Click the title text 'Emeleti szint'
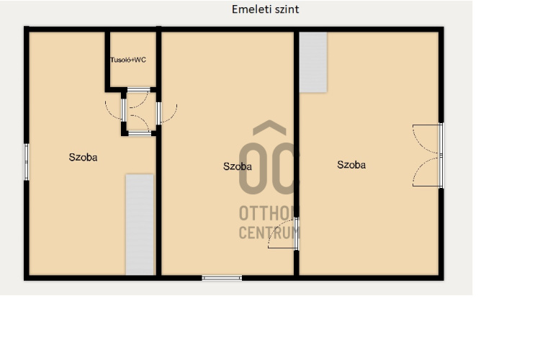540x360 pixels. click(x=265, y=9)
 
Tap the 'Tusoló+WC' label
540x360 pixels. click(x=128, y=60)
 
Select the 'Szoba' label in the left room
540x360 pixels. click(x=83, y=158)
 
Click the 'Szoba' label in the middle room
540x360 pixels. click(x=238, y=166)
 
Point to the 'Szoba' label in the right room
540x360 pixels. click(x=351, y=165)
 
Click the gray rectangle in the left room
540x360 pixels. click(x=140, y=224)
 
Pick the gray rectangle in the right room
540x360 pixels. click(x=313, y=63)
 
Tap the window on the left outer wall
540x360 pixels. click(x=26, y=162)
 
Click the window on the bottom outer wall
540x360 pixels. click(x=222, y=278)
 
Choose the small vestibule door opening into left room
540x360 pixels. click(x=114, y=109)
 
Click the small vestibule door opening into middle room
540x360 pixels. click(x=167, y=113)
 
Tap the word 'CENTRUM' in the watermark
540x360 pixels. click(x=269, y=233)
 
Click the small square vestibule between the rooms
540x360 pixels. click(x=139, y=112)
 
